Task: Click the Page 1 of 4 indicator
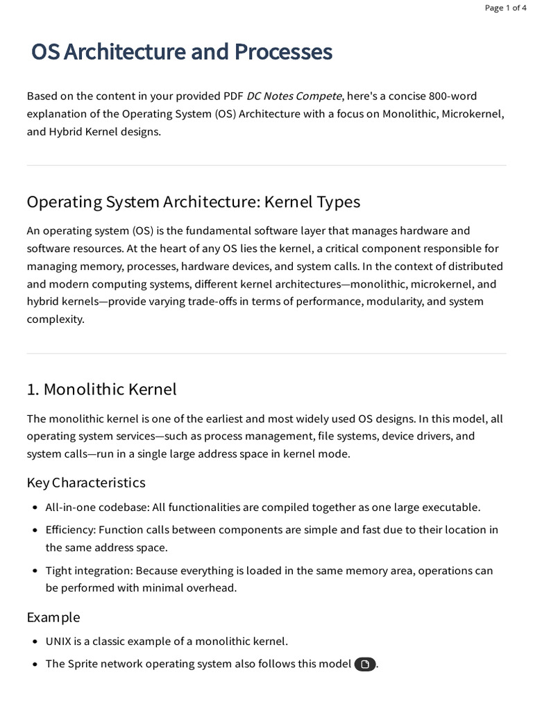click(x=505, y=8)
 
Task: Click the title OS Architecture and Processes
click(x=182, y=52)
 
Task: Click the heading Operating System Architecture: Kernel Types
click(x=193, y=202)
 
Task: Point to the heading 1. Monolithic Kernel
click(x=101, y=390)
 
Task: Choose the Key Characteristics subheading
click(x=86, y=483)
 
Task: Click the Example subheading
click(x=53, y=617)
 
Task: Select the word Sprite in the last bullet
click(x=85, y=664)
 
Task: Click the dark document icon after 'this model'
click(x=365, y=664)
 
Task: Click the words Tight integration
click(x=88, y=571)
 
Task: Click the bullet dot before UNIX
click(x=35, y=642)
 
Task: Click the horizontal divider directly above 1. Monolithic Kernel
click(x=266, y=353)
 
